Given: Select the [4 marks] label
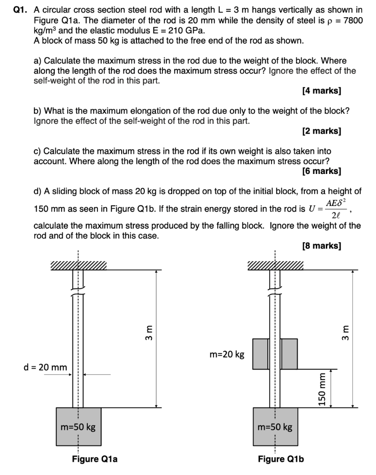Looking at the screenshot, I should pyautogui.click(x=321, y=91).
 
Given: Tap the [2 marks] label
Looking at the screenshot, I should pyautogui.click(x=321, y=131).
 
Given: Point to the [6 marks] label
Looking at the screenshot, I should pyautogui.click(x=321, y=171).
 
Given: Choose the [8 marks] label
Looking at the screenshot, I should pyautogui.click(x=321, y=245).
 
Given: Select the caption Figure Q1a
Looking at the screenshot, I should pyautogui.click(x=95, y=459).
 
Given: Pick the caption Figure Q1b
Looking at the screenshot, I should pyautogui.click(x=281, y=459).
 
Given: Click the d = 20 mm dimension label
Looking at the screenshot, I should pyautogui.click(x=45, y=367).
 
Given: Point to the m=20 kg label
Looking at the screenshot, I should pyautogui.click(x=227, y=355).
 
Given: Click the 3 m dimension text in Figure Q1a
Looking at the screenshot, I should pyautogui.click(x=149, y=333).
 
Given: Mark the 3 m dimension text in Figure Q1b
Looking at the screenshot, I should pyautogui.click(x=346, y=333).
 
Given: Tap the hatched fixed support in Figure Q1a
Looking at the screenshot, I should pyautogui.click(x=78, y=265).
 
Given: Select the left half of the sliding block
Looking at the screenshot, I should pyautogui.click(x=260, y=354).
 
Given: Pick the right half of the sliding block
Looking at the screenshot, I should pyautogui.click(x=290, y=354).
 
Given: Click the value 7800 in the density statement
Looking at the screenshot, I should pyautogui.click(x=353, y=21).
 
